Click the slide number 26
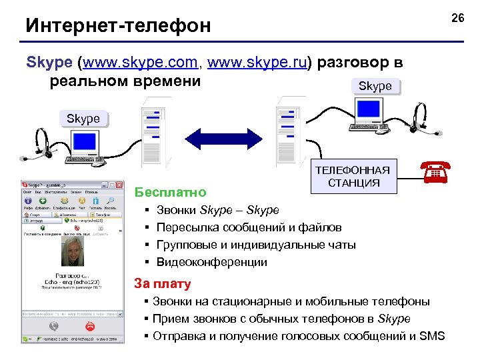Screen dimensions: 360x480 coord(457,18)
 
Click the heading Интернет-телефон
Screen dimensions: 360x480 coord(117,25)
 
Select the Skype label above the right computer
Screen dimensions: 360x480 coord(375,86)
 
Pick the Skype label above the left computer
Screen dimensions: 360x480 coord(83,119)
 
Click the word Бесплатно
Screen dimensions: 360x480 coord(170,193)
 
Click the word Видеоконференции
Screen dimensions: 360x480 coord(211,262)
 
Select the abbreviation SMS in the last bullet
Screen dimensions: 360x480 coord(432,335)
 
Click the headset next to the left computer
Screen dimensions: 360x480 coord(37,143)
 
